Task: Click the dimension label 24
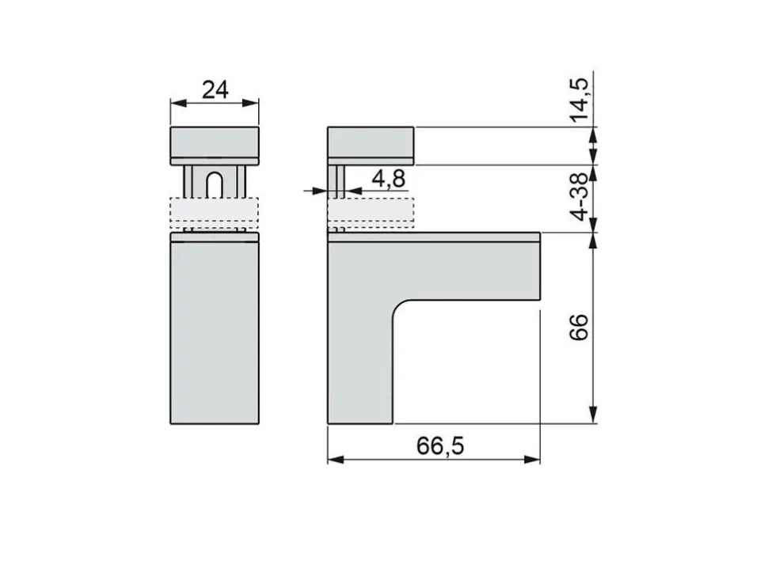tap(215, 90)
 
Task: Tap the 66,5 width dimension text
tap(440, 445)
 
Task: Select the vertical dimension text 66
tap(579, 328)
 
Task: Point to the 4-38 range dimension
tap(579, 197)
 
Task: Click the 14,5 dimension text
tap(579, 100)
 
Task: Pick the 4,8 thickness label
tap(389, 179)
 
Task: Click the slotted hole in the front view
tap(214, 185)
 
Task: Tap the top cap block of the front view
tap(215, 146)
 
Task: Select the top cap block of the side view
tap(371, 146)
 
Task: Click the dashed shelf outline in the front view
tap(215, 214)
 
